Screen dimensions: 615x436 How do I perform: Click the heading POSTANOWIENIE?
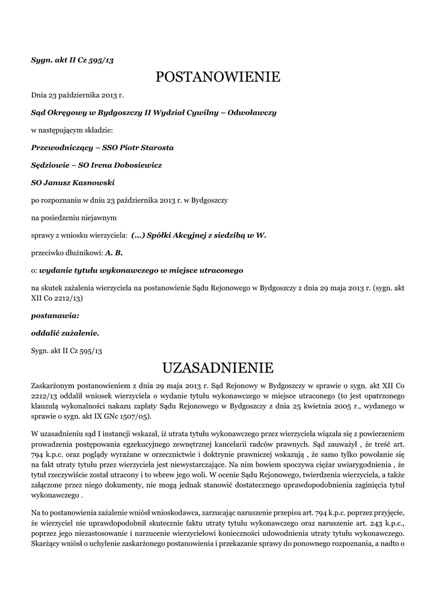pyautogui.click(x=218, y=77)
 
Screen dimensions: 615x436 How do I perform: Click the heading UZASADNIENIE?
pyautogui.click(x=218, y=367)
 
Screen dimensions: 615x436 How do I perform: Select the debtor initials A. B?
pyautogui.click(x=114, y=253)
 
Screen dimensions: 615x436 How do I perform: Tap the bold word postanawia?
pyautogui.click(x=55, y=315)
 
